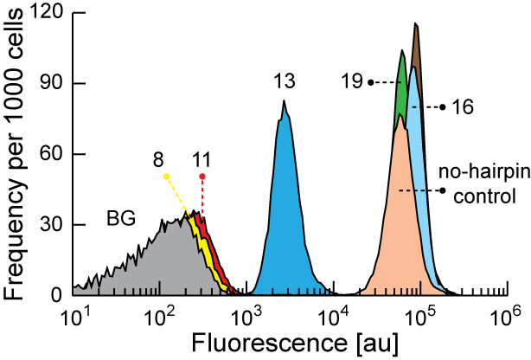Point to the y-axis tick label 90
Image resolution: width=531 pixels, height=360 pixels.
click(x=48, y=84)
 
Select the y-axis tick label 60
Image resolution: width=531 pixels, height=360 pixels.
click(x=48, y=154)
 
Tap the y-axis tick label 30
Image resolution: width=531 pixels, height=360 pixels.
click(x=48, y=225)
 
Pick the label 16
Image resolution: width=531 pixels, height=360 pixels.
click(x=462, y=107)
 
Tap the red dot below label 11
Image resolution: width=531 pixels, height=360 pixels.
click(x=202, y=177)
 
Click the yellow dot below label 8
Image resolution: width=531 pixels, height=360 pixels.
click(x=166, y=177)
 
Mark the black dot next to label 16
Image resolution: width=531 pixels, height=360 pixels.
click(x=442, y=107)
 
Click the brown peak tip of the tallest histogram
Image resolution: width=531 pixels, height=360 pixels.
click(x=416, y=25)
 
